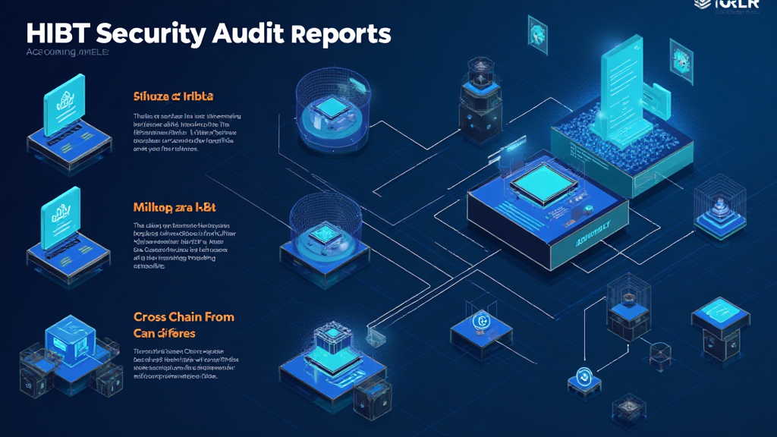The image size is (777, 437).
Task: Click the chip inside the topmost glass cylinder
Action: tap(331, 109)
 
